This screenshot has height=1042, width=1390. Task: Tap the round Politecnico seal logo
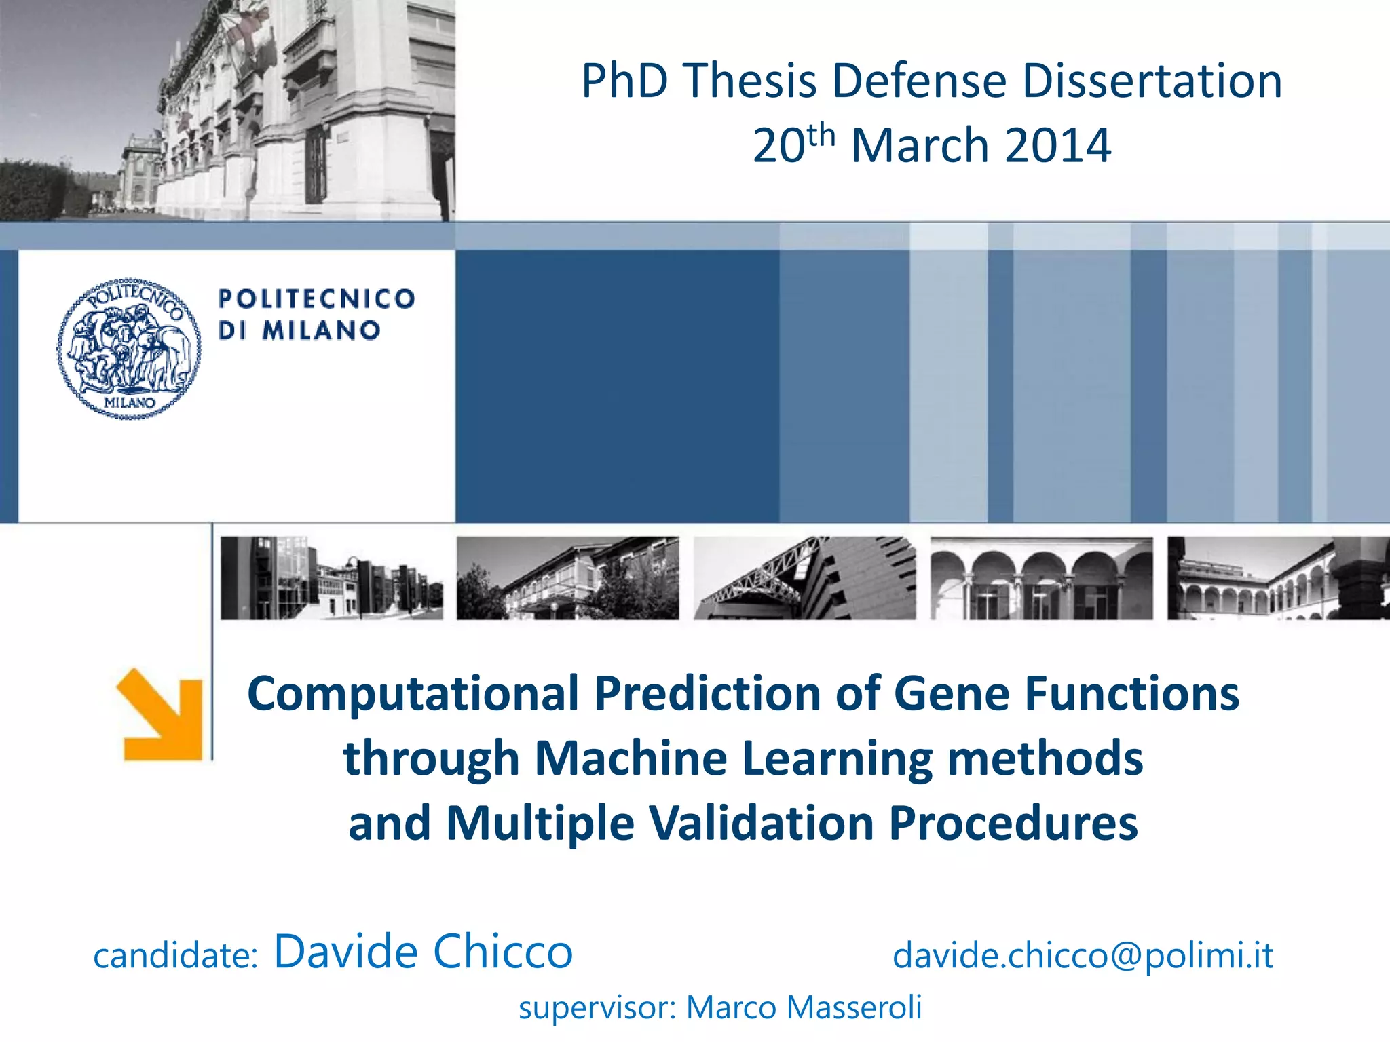(129, 347)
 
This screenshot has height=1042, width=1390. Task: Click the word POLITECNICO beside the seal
(316, 298)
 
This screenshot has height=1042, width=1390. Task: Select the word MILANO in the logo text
(321, 330)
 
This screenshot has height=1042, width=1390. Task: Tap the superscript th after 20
(821, 134)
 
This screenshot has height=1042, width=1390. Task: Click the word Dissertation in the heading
(1152, 81)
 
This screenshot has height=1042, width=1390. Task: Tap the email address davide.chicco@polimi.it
(1083, 955)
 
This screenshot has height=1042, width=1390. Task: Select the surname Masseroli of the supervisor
(854, 1007)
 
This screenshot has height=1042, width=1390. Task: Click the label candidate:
(175, 956)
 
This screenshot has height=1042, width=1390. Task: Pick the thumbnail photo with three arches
(1041, 578)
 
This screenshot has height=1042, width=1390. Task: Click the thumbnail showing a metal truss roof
(804, 578)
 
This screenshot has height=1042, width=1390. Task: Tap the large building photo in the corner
(227, 110)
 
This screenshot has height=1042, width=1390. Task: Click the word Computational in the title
(413, 694)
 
